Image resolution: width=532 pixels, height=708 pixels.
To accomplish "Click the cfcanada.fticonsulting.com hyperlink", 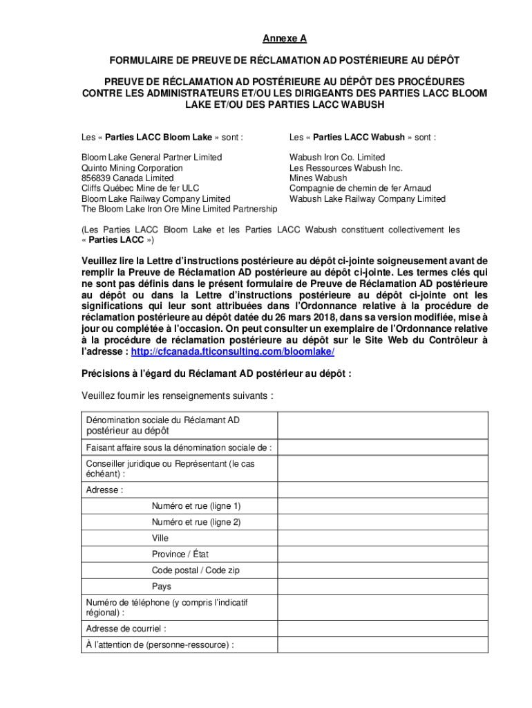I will (232, 351).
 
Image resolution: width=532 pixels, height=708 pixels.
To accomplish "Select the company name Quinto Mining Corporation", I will (132, 168).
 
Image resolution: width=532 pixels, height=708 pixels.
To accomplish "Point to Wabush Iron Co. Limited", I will (337, 158).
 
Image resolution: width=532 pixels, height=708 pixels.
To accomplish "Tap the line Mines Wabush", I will (319, 178).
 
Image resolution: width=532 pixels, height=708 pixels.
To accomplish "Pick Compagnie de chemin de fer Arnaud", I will (360, 189).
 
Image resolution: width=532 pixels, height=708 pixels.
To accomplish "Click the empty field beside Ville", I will (383, 538).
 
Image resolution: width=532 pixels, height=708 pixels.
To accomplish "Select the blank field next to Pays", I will (383, 586).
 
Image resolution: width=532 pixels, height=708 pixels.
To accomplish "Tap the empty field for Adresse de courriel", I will (383, 629).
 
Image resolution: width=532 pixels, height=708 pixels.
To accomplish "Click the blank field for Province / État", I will (383, 554).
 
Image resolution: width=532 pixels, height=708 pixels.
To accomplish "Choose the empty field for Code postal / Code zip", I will (383, 570).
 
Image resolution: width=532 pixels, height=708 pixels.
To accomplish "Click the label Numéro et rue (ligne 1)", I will (196, 506).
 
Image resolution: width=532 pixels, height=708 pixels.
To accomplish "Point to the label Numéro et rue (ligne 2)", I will (196, 522).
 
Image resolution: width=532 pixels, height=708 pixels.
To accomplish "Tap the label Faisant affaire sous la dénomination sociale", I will (178, 447).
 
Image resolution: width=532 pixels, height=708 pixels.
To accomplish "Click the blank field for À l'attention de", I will (383, 645).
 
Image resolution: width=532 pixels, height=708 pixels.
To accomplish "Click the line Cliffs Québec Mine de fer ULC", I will (140, 189).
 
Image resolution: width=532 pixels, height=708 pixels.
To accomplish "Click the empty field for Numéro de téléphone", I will (383, 608).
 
